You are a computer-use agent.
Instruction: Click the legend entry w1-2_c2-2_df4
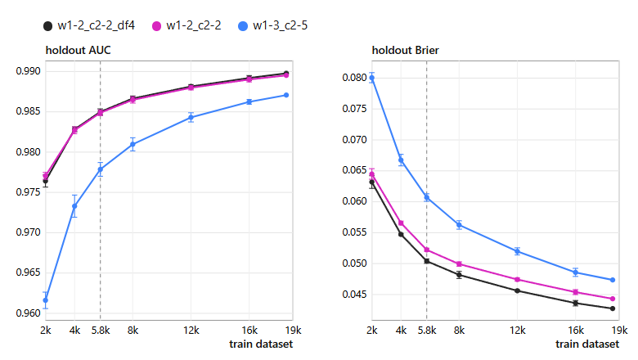(89, 25)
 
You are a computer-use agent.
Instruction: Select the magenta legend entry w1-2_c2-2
(186, 25)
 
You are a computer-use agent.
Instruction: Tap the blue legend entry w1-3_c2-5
(273, 25)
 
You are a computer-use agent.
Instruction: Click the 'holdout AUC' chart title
(79, 51)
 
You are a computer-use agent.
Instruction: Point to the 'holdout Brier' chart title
(405, 51)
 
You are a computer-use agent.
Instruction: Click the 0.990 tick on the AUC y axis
(29, 71)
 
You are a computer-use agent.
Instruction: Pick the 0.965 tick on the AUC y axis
(29, 272)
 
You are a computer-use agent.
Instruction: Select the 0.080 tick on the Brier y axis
(354, 78)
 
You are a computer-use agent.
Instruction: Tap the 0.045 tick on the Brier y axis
(354, 295)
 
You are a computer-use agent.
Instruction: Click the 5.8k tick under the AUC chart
(101, 331)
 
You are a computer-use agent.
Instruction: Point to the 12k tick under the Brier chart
(518, 331)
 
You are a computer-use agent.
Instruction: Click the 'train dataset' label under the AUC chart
(261, 344)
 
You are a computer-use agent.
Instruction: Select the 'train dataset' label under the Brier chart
(587, 344)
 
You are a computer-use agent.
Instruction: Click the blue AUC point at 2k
(46, 300)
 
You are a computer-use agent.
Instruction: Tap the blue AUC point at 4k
(74, 206)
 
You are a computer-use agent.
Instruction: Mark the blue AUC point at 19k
(286, 95)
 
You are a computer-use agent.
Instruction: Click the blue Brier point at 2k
(372, 78)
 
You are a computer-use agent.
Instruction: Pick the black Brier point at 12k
(518, 290)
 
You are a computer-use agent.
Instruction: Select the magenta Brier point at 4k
(401, 223)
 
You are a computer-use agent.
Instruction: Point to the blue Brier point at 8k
(459, 225)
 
